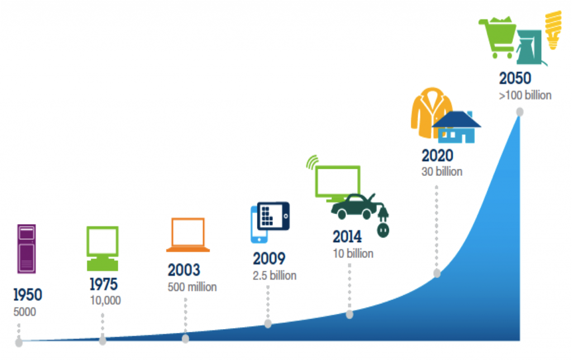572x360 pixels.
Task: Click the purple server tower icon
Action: pyautogui.click(x=27, y=248)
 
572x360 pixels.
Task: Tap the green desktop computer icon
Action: pyautogui.click(x=103, y=248)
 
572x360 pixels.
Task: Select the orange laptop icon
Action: pyautogui.click(x=188, y=235)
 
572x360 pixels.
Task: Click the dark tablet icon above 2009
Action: pyautogui.click(x=273, y=216)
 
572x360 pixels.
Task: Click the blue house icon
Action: pyautogui.click(x=457, y=127)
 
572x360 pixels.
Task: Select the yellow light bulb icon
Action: pyautogui.click(x=553, y=30)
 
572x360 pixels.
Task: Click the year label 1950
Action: pyautogui.click(x=28, y=295)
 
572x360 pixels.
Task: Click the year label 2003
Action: pyautogui.click(x=184, y=270)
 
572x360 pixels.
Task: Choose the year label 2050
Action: pyautogui.click(x=515, y=78)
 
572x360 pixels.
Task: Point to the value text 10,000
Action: pyautogui.click(x=106, y=300)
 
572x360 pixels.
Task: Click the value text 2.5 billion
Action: pyautogui.click(x=274, y=276)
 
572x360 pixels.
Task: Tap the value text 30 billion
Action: pyautogui.click(x=442, y=171)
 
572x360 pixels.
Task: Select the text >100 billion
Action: pyautogui.click(x=525, y=95)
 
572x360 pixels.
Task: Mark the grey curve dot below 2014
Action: pyautogui.click(x=350, y=314)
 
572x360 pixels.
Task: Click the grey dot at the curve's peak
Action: pyautogui.click(x=520, y=112)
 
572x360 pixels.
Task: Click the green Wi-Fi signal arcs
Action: pyautogui.click(x=313, y=162)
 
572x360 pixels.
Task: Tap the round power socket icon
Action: pyautogui.click(x=383, y=231)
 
